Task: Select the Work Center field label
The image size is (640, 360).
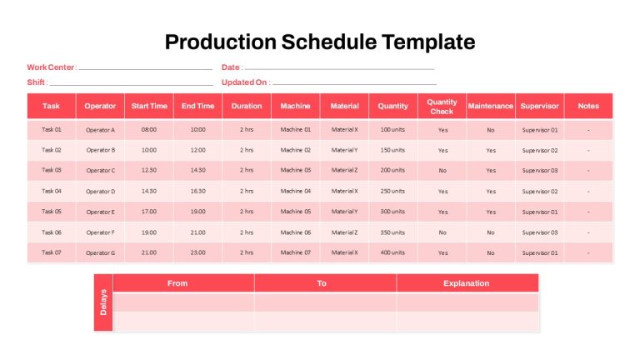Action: pos(52,67)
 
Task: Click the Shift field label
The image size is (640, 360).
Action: pos(37,82)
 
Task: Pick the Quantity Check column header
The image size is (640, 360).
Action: pos(442,107)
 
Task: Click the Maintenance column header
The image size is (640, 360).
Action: pos(490,106)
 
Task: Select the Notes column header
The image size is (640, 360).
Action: pos(588,106)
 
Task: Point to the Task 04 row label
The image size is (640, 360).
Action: pos(52,191)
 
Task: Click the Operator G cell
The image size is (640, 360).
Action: pos(100,253)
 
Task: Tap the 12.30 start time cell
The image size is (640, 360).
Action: pos(149,170)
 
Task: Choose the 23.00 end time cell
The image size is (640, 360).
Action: pos(198,252)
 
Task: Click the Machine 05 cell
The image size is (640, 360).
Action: pos(296,212)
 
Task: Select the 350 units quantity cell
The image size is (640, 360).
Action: pos(392,232)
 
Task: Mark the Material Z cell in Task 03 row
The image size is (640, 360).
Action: pos(344,170)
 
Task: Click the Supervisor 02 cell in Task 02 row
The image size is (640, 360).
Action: pos(540,151)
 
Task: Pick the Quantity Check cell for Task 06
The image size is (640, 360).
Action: pos(442,232)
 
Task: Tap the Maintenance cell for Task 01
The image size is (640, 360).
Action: pos(491,130)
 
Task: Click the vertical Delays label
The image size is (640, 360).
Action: pos(103,302)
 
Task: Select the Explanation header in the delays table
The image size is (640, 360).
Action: pos(466,283)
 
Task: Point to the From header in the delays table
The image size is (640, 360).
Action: pos(177,283)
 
